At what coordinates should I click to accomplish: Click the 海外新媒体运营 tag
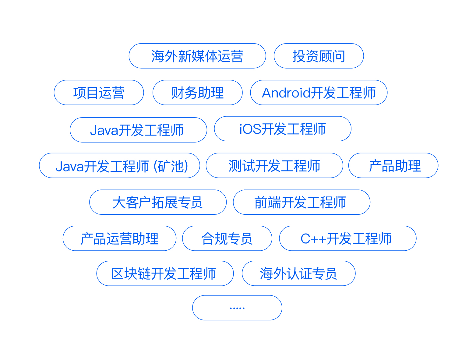point(197,56)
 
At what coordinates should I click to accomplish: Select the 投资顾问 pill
point(319,56)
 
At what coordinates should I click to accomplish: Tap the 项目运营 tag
point(99,93)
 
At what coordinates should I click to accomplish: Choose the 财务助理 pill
point(197,93)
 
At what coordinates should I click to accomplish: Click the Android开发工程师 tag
point(319,93)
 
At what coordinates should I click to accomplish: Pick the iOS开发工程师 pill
point(283,129)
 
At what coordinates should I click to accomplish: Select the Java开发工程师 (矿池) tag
point(119,166)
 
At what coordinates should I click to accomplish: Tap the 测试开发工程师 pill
point(274,166)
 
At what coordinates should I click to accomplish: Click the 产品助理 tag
point(393,166)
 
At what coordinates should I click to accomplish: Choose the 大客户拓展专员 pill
point(158,202)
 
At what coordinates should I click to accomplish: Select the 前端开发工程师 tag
point(301,202)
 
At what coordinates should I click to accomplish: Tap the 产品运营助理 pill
point(119,238)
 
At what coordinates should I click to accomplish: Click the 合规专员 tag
point(227,238)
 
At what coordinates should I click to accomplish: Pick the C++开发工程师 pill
point(347,238)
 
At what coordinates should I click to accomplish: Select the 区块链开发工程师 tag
point(165,274)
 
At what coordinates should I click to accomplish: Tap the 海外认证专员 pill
point(298,274)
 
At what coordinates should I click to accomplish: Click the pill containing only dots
point(237,308)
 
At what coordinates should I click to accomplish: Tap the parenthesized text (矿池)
point(171,166)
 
